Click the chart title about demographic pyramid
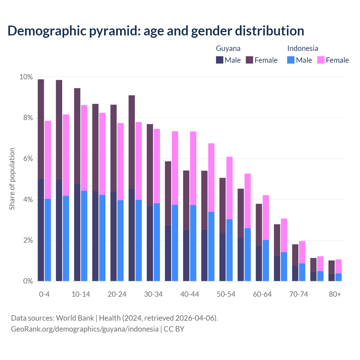coord(156,31)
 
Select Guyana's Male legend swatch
coord(220,60)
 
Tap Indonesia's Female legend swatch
coord(321,60)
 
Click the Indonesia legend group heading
coord(303,48)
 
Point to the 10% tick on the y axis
coord(26,77)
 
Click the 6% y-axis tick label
coord(28,159)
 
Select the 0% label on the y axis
coord(28,281)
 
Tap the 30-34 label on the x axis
coord(153,294)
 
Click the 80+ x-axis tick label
coord(335,294)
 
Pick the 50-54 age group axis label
coord(226,294)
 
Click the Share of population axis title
coord(12,179)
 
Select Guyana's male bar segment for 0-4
coord(41,230)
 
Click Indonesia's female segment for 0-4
coord(48,160)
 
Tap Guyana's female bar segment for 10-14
coord(77,136)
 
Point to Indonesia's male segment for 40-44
coord(193,243)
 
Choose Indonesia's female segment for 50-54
coord(229,188)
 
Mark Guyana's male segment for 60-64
coord(259,263)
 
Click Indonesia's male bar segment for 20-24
coord(120,240)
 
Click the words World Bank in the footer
coord(75,318)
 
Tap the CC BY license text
coord(174,329)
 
